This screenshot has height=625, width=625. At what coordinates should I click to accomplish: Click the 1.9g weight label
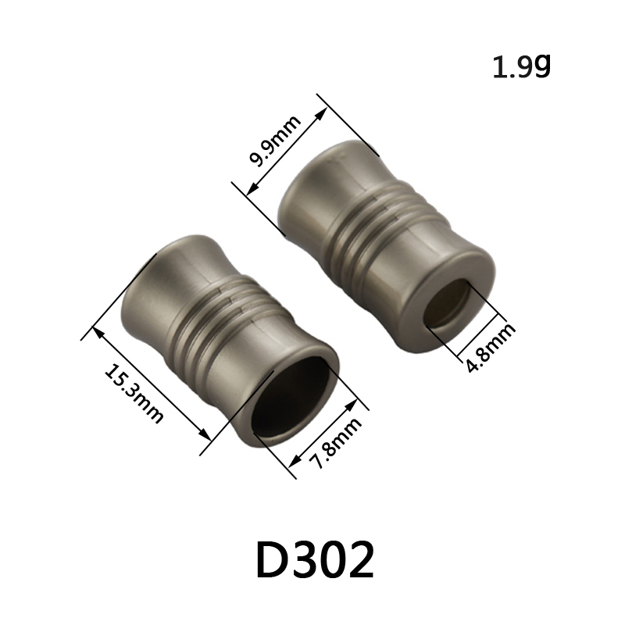tap(521, 67)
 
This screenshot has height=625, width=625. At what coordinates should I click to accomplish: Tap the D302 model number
tap(315, 559)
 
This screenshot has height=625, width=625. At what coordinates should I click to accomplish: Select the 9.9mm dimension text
tap(275, 141)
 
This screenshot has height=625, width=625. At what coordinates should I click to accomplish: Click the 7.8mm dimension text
tap(336, 442)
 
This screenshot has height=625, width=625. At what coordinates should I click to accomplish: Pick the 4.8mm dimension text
tap(491, 347)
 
